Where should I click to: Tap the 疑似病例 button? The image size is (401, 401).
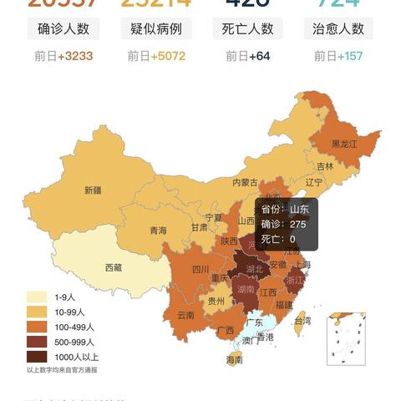(157, 28)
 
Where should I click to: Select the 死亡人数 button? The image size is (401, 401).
(248, 28)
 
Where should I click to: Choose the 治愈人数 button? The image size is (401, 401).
(338, 28)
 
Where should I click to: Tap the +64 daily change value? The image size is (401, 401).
(258, 57)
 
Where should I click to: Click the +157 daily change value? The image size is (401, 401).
(349, 57)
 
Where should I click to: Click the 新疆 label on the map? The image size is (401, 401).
(93, 190)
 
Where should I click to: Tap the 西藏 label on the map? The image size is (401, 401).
(114, 268)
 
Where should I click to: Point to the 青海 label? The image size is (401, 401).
(159, 231)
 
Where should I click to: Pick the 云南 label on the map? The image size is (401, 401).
(185, 316)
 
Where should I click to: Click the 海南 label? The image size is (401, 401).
(235, 360)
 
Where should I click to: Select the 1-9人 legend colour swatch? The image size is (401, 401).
(37, 297)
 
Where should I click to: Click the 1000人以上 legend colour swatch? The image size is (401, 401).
(37, 357)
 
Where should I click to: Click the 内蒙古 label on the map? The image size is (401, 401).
(245, 182)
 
